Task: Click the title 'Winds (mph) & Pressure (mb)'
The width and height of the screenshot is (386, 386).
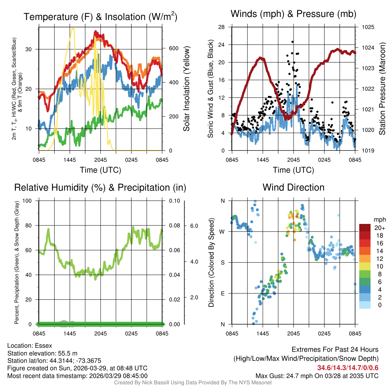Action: pos(293,14)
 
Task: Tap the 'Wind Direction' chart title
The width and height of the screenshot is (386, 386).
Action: pos(293,187)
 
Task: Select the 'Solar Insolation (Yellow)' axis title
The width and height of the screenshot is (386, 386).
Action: pos(187,89)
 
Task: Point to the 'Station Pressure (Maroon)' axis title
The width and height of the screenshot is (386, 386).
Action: pos(381,89)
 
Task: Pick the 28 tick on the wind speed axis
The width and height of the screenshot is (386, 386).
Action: pos(222,27)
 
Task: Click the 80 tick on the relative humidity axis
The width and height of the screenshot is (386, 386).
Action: pos(30,225)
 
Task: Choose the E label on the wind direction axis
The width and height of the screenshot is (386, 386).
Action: pos(222,293)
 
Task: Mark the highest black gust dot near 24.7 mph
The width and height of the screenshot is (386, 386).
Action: pos(293,42)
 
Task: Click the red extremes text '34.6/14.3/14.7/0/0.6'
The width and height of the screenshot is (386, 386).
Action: pos(347,368)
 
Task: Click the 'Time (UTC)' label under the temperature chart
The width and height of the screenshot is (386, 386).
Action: pos(100,170)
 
